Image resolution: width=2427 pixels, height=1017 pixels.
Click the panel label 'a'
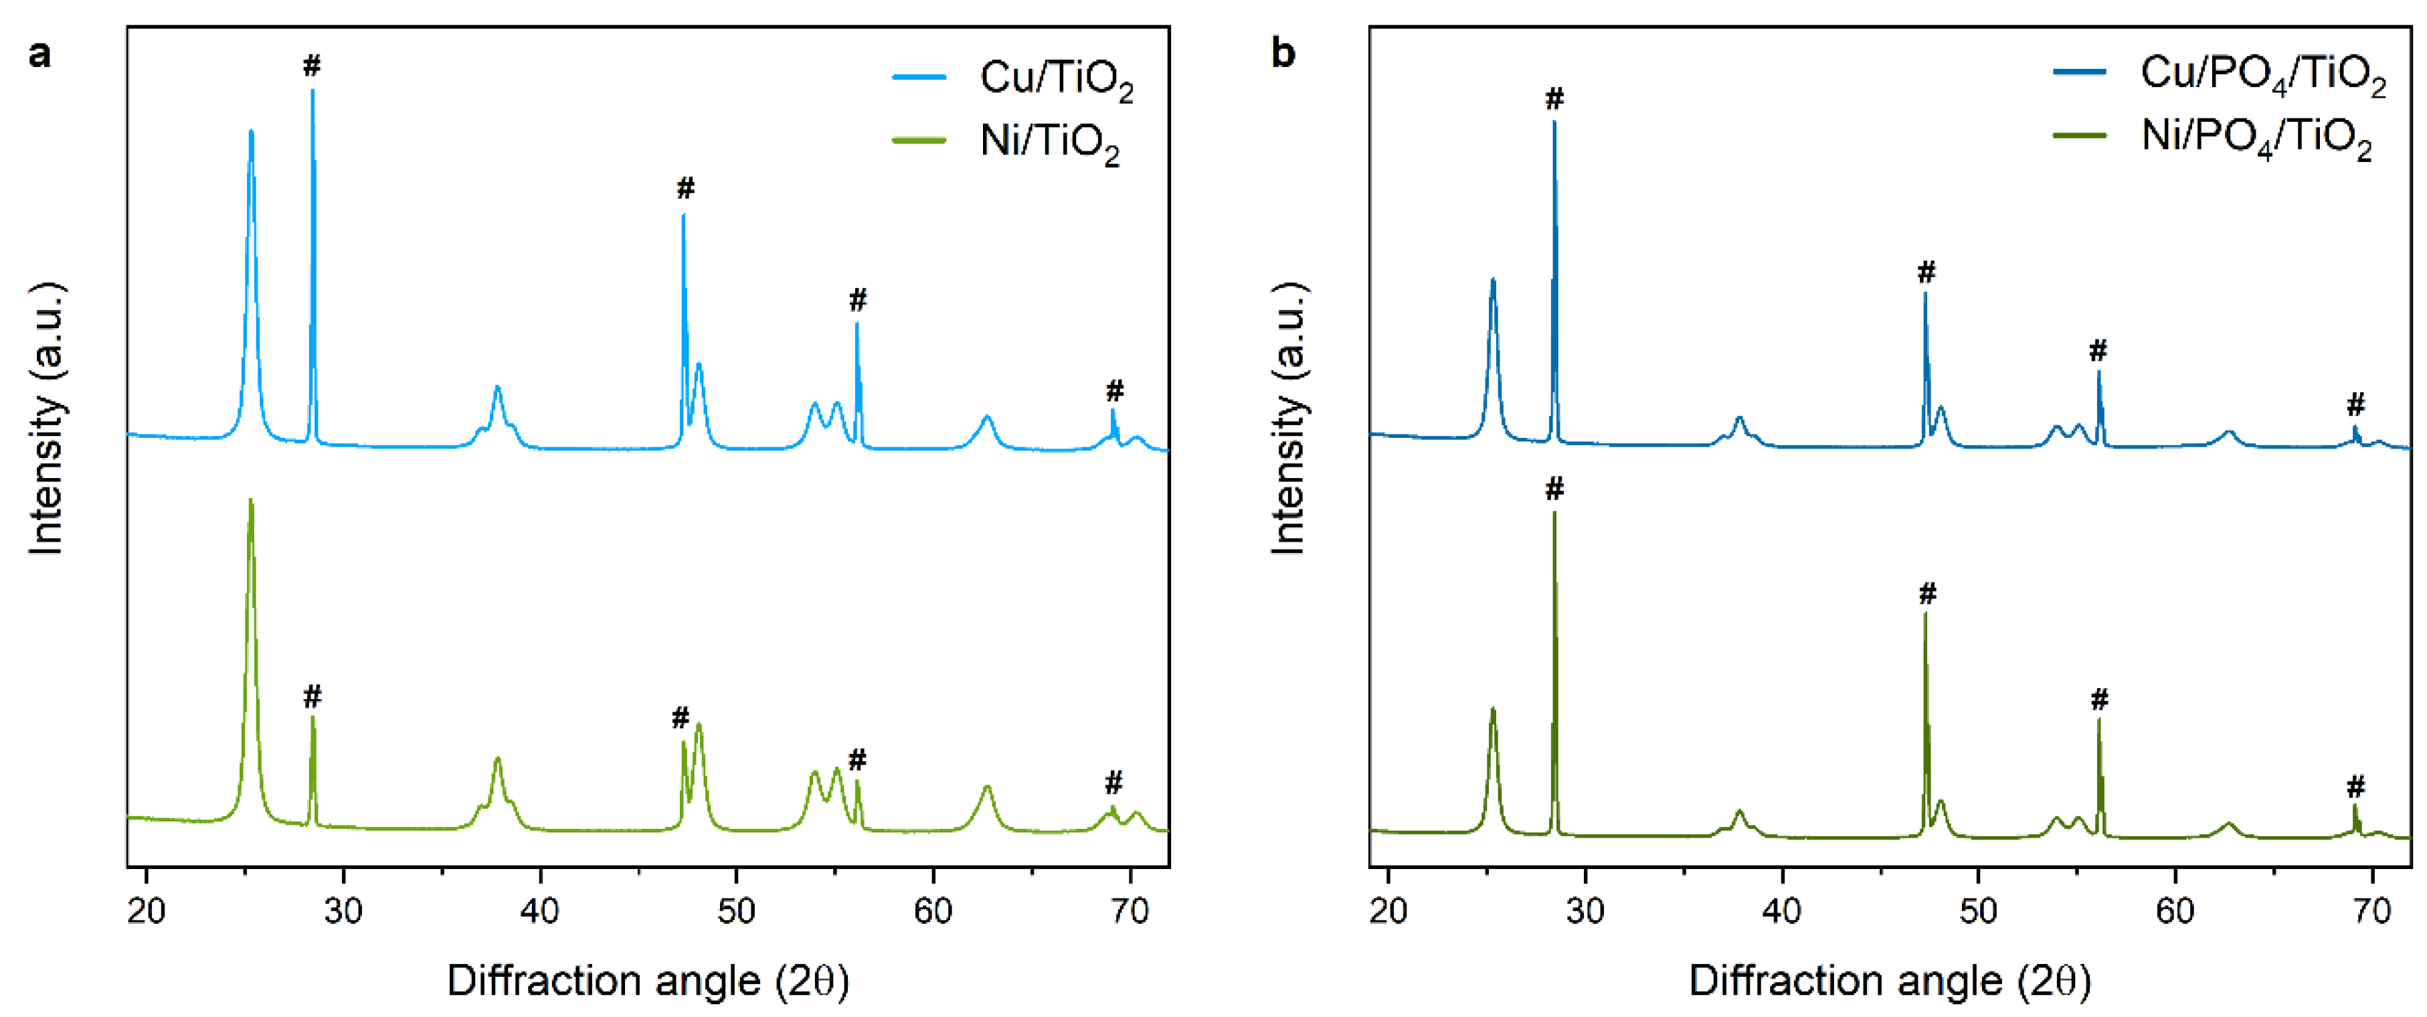pyautogui.click(x=39, y=54)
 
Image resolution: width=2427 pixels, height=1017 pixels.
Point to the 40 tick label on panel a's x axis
pyautogui.click(x=540, y=911)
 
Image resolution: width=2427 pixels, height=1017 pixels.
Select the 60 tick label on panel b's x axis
pyautogui.click(x=2175, y=911)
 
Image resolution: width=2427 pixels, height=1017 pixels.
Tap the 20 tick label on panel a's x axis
pyautogui.click(x=146, y=911)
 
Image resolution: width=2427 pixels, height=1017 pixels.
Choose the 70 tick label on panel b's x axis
pyautogui.click(x=2371, y=911)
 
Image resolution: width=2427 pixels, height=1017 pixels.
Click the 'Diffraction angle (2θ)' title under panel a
pyautogui.click(x=648, y=982)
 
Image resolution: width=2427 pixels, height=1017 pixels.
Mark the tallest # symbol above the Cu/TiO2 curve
pyautogui.click(x=312, y=66)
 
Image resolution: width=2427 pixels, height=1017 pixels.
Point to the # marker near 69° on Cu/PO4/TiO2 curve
pyautogui.click(x=2355, y=405)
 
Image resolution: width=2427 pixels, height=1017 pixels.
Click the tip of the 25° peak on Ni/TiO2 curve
pyautogui.click(x=250, y=501)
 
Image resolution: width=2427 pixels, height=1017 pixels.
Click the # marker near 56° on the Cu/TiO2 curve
pyautogui.click(x=857, y=301)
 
